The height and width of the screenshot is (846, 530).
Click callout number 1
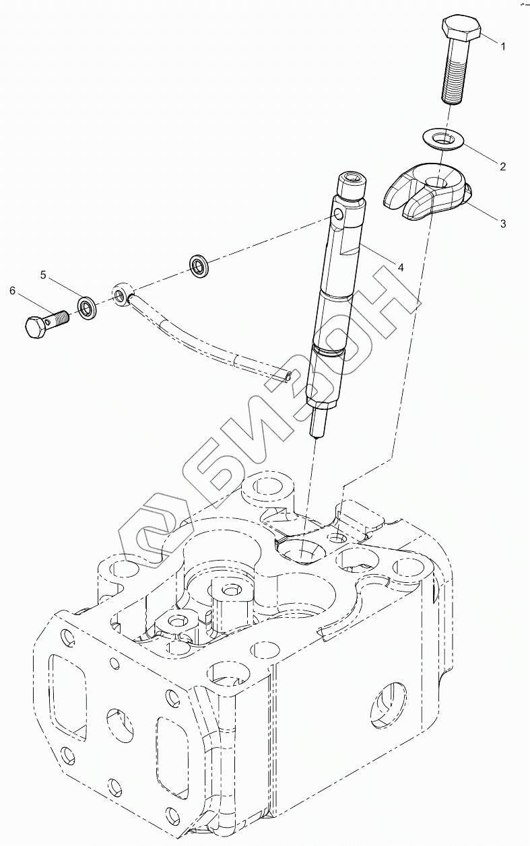(x=501, y=45)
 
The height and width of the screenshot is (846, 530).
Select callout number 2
(x=501, y=165)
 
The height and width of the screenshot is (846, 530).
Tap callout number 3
(x=502, y=223)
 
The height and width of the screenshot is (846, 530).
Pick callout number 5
(x=43, y=275)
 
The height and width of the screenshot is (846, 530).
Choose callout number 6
(x=12, y=291)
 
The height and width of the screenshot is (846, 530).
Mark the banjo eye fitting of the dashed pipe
(x=122, y=294)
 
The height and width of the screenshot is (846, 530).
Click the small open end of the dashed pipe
(x=288, y=377)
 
